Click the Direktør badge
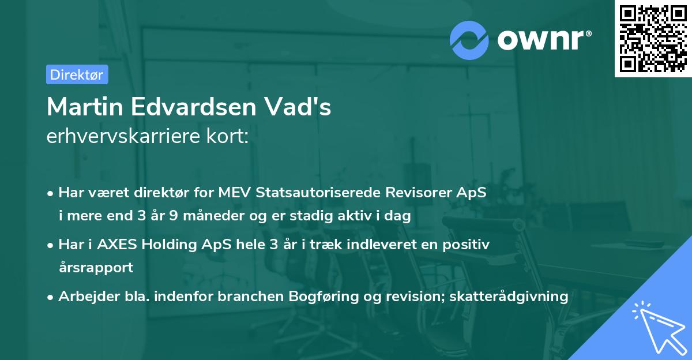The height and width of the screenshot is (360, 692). click(x=77, y=74)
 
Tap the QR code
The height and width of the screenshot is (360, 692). click(x=653, y=38)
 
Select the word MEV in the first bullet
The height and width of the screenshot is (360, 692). click(x=234, y=193)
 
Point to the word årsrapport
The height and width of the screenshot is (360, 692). click(x=95, y=268)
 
